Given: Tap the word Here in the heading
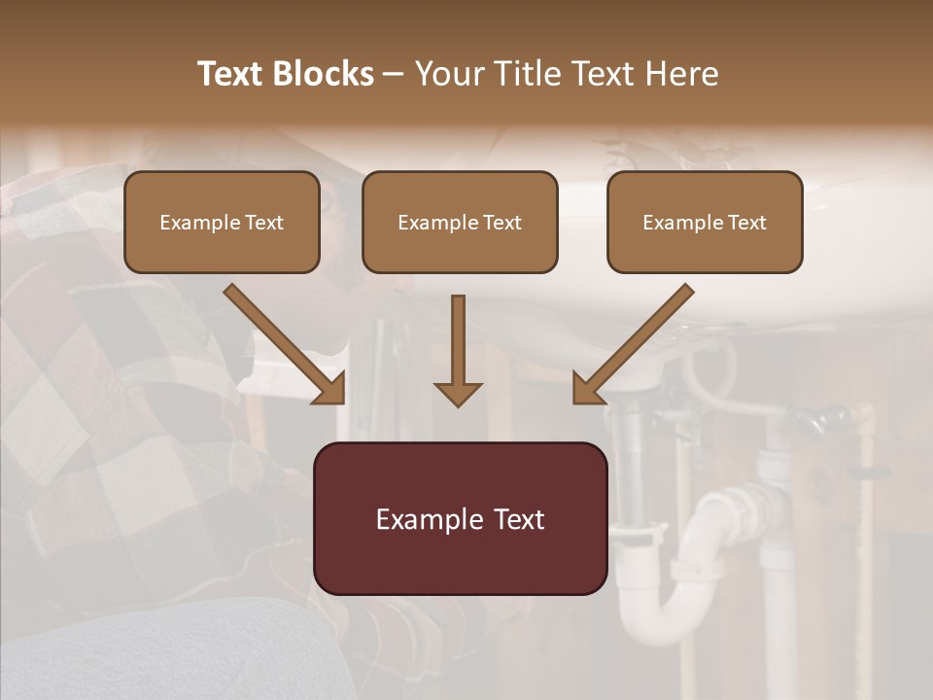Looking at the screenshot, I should (x=682, y=74).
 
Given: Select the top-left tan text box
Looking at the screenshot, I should (x=222, y=222).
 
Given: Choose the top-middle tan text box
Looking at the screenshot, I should (x=460, y=222).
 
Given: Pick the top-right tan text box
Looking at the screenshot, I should (x=705, y=222).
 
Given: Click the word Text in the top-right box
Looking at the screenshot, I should (x=746, y=223).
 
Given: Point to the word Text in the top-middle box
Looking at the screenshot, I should (x=501, y=223).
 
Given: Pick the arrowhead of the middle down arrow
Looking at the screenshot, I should (x=458, y=393).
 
